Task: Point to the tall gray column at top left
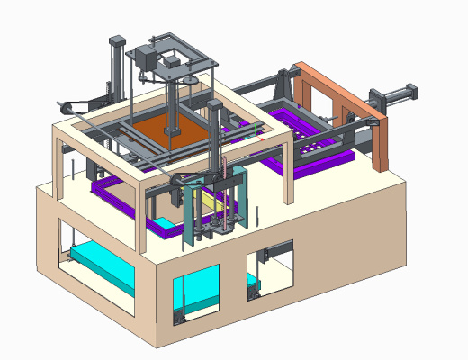116,63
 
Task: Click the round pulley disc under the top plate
188,82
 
